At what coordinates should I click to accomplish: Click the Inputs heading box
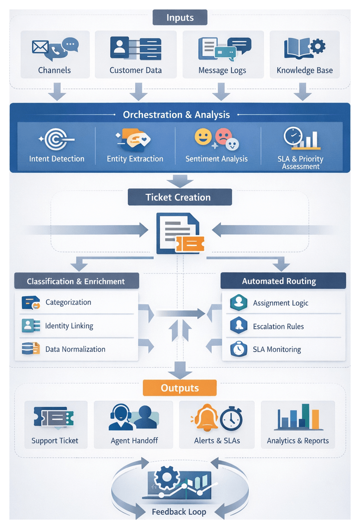[x=180, y=18]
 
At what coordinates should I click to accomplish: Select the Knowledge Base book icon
[x=305, y=48]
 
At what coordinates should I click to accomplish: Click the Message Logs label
[x=222, y=70]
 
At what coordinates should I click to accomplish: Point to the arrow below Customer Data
[x=138, y=91]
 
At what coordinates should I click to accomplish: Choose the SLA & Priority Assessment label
[x=300, y=162]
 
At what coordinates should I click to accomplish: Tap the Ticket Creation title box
[x=180, y=197]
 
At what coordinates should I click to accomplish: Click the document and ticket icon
[x=180, y=233]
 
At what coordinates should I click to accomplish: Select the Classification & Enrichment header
[x=76, y=282]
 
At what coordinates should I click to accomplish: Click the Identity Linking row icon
[x=28, y=325]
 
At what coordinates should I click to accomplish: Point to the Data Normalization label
[x=75, y=349]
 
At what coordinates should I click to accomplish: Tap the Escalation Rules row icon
[x=238, y=326]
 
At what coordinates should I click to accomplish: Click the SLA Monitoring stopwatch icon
[x=238, y=349]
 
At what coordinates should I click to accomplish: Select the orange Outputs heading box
[x=180, y=388]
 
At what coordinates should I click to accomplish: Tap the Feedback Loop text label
[x=179, y=512]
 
